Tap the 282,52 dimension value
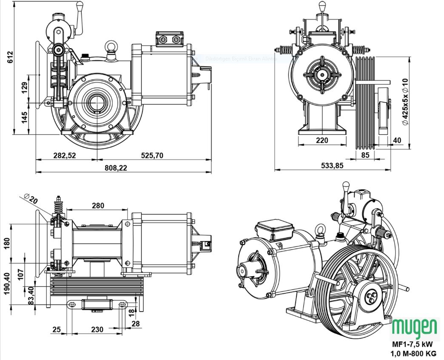pos(65,155)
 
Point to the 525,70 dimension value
pos(152,155)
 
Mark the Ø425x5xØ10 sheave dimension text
pos(405,102)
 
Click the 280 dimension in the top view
pos(98,206)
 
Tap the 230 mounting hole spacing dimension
pos(97,329)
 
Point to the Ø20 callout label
pos(31,198)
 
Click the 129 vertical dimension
pos(25,87)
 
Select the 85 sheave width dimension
pos(365,155)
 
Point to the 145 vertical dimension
pos(25,117)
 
